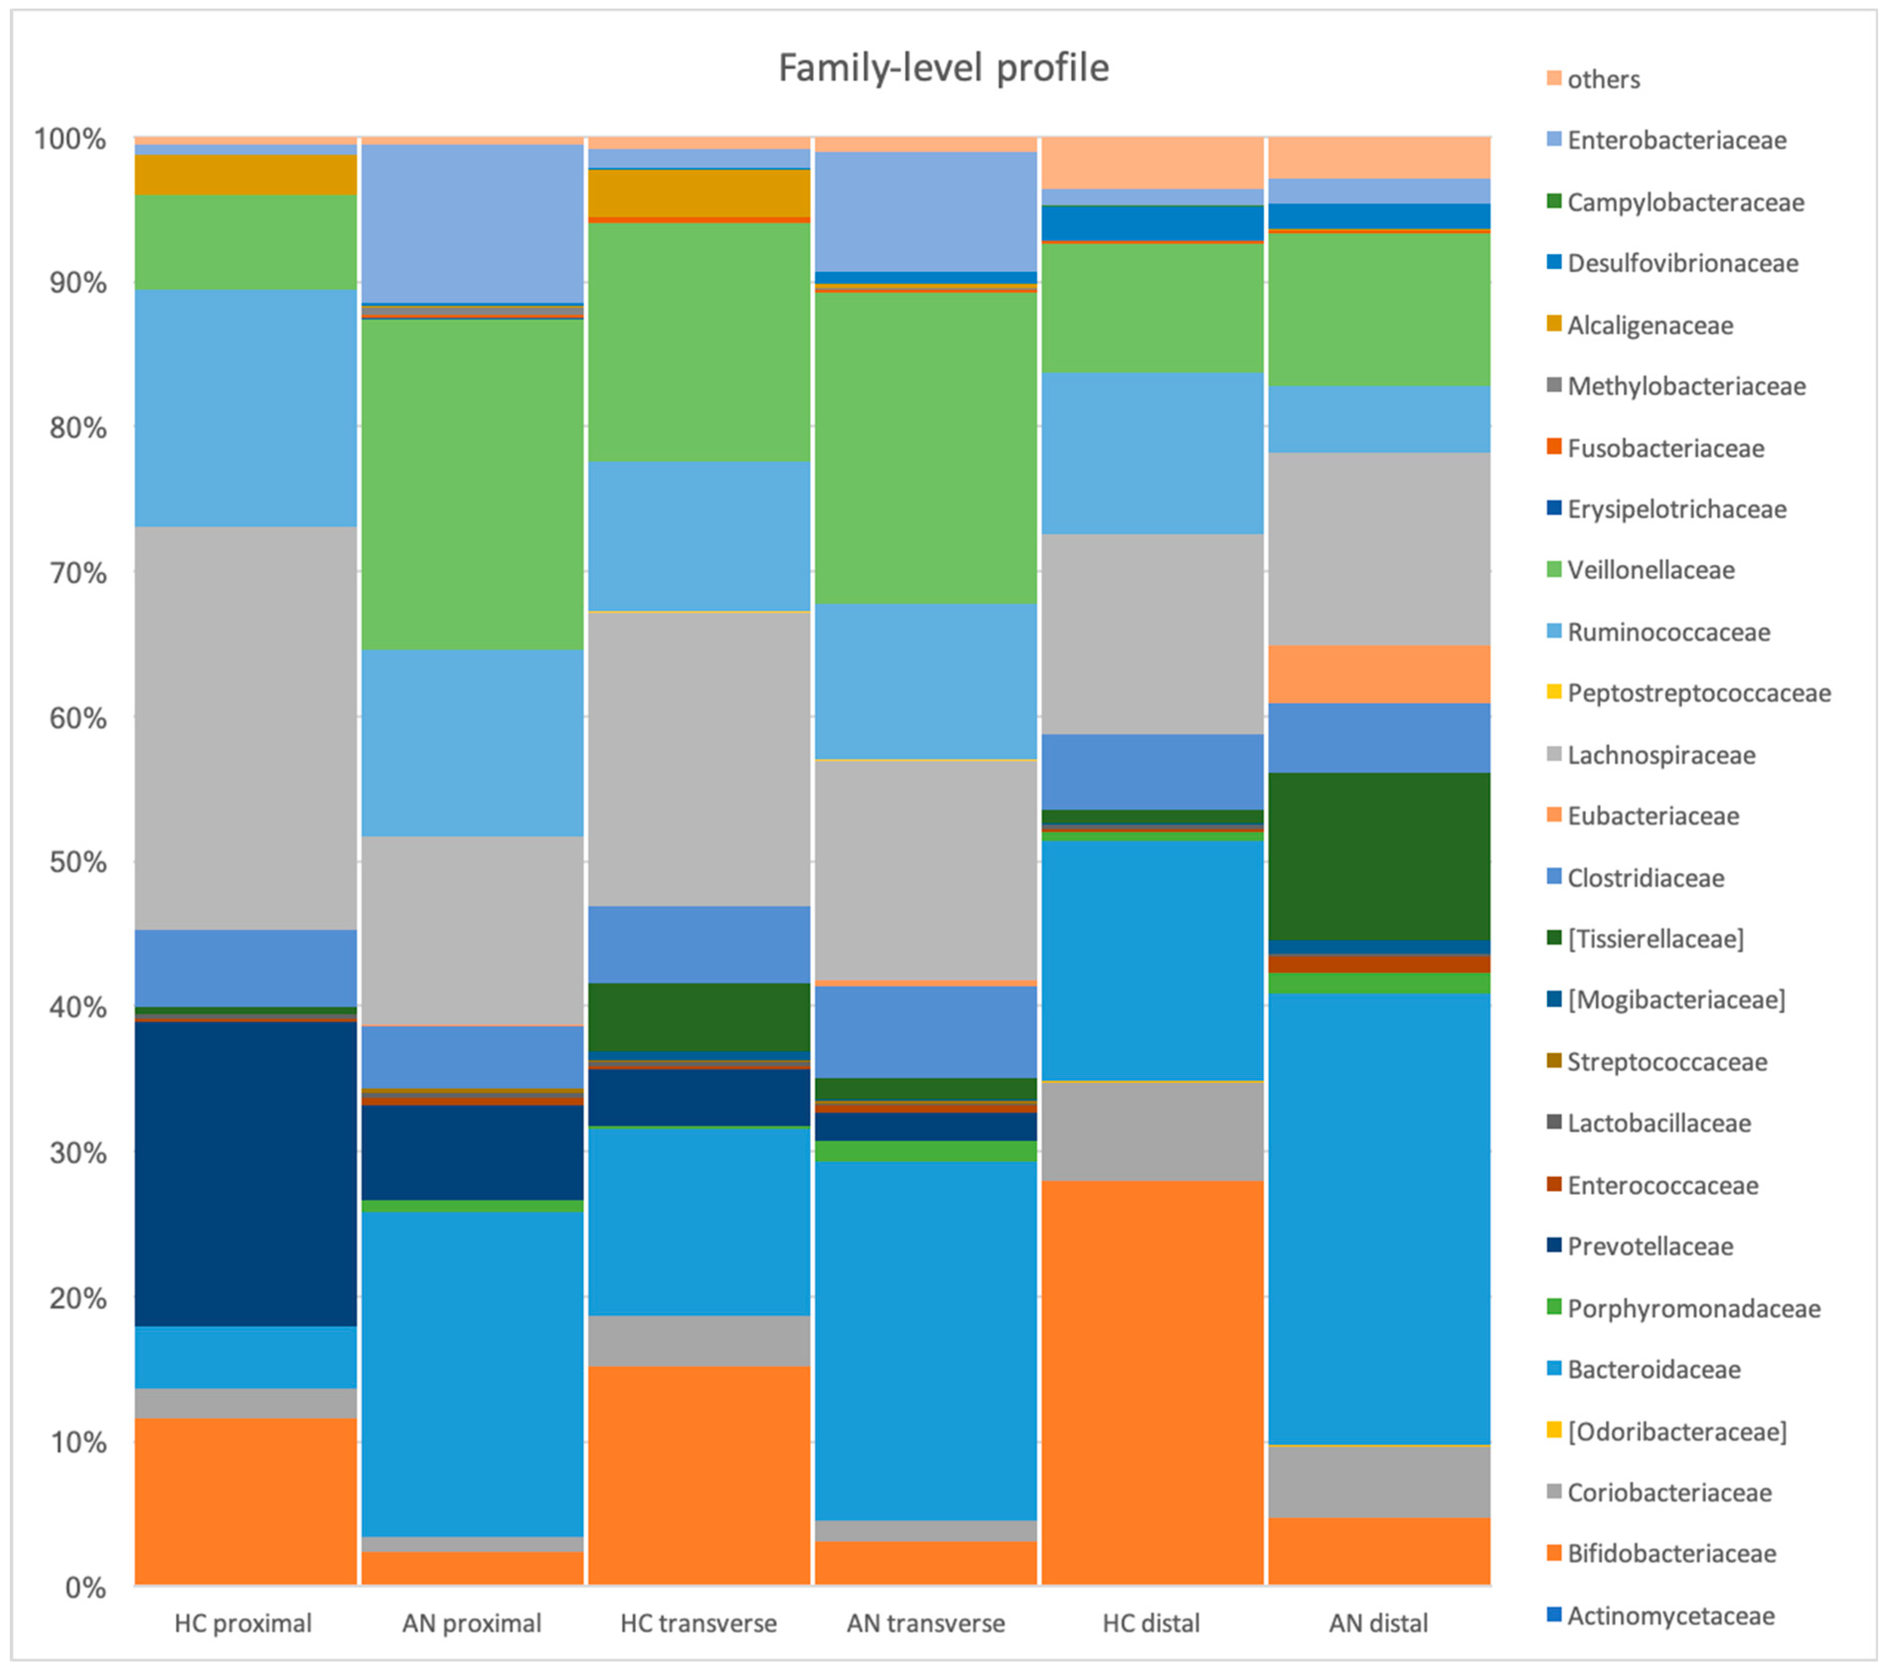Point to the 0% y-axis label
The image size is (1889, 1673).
pos(85,1588)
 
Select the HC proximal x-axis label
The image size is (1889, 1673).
pos(243,1623)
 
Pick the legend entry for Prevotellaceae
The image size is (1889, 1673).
pos(1650,1247)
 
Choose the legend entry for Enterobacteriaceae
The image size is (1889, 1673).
pos(1676,141)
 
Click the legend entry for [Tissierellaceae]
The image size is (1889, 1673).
pos(1655,939)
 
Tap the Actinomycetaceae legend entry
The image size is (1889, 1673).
pos(1670,1616)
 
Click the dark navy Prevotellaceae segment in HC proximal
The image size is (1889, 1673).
pos(246,1174)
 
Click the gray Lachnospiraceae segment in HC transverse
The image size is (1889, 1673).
pos(700,758)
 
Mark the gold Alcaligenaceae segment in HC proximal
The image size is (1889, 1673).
pos(246,174)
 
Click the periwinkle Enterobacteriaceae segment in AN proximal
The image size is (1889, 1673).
pos(472,223)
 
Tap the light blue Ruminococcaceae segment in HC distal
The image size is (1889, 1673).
pos(1153,453)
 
